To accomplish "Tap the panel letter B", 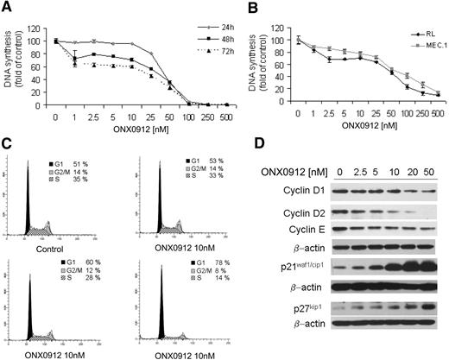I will [x=231, y=7].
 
